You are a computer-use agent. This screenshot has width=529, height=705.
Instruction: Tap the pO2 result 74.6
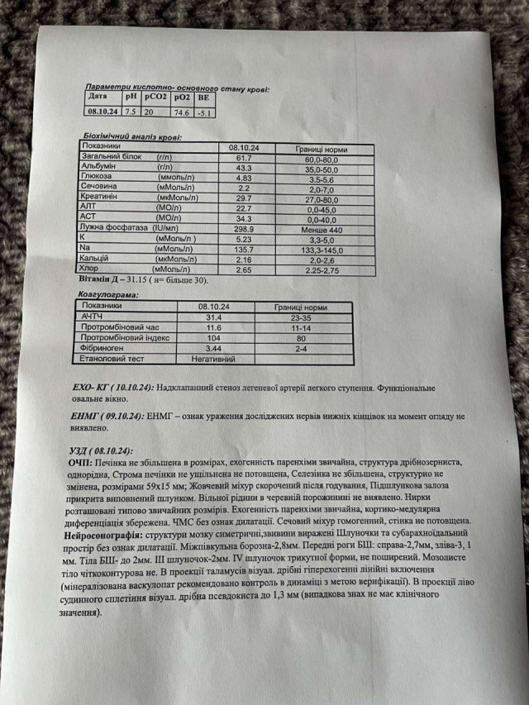point(180,112)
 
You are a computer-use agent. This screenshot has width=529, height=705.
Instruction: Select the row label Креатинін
point(99,198)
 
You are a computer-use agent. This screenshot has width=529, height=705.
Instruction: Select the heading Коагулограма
point(107,293)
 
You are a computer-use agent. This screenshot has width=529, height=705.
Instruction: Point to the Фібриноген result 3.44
point(215,349)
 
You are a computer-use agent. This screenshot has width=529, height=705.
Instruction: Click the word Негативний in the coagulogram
point(213,360)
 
